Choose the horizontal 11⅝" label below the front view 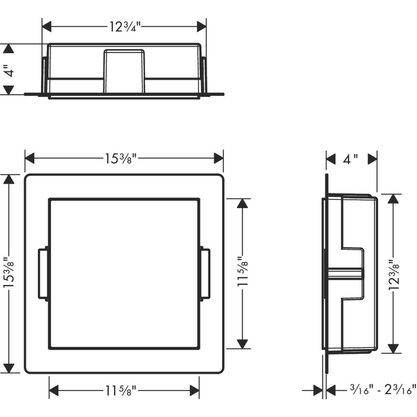121,391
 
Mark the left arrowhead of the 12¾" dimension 46,27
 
